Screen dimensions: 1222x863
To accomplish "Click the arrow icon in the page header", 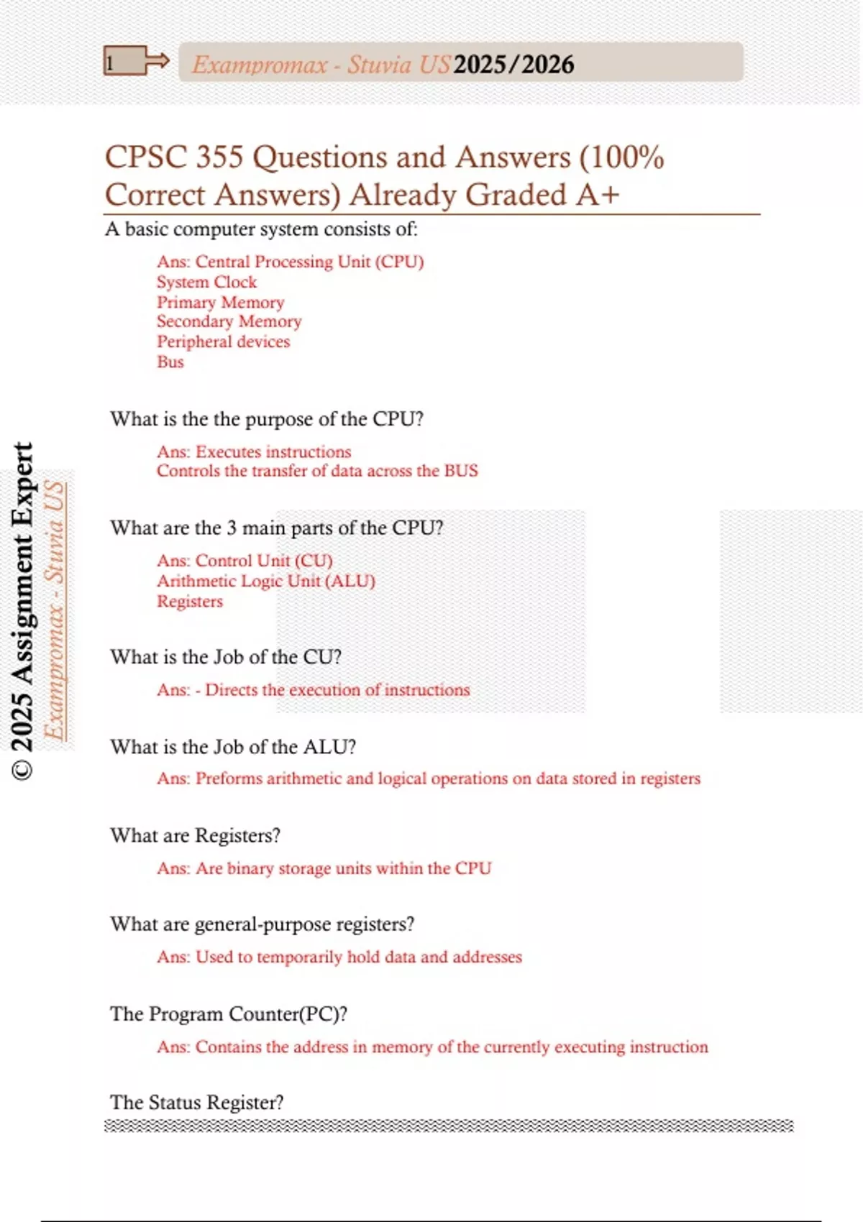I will [x=157, y=61].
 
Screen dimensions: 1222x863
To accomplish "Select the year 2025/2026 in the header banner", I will [x=513, y=65].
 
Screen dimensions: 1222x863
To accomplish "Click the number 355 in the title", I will [x=220, y=157].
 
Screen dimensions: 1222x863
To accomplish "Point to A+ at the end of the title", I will [x=597, y=195].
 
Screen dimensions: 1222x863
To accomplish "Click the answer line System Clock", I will [x=206, y=282].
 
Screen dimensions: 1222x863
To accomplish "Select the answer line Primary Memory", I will [x=220, y=302].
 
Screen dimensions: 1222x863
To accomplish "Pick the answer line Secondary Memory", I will [x=229, y=321].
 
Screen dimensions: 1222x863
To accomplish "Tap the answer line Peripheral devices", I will [x=223, y=341].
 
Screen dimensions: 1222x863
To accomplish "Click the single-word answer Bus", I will [x=170, y=362].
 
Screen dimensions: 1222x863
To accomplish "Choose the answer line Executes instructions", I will [x=273, y=451].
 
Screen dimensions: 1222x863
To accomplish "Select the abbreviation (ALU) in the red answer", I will [x=350, y=581].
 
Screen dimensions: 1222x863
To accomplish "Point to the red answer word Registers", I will [x=190, y=601].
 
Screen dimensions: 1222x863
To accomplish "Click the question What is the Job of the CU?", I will [x=226, y=657].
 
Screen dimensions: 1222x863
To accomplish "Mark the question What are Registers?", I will [x=195, y=835].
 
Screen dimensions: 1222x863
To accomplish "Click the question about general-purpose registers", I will [x=262, y=924].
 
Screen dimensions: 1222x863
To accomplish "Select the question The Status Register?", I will [x=196, y=1103].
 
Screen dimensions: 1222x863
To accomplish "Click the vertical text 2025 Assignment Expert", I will [x=23, y=611].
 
